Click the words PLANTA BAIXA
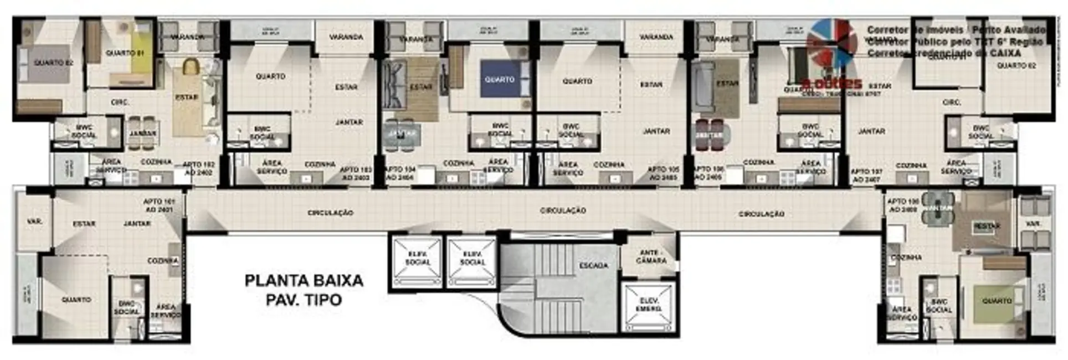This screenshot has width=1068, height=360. (x=304, y=280)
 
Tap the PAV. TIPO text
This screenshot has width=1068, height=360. (x=304, y=300)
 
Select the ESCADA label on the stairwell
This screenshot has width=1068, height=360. (x=593, y=266)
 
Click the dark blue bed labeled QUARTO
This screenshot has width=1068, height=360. (x=500, y=79)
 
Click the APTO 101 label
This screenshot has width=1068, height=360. (x=159, y=205)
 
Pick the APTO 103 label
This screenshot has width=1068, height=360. (x=356, y=173)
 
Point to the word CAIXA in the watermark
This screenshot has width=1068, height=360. (x=1005, y=53)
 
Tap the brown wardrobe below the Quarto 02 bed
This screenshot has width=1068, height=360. (x=39, y=106)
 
